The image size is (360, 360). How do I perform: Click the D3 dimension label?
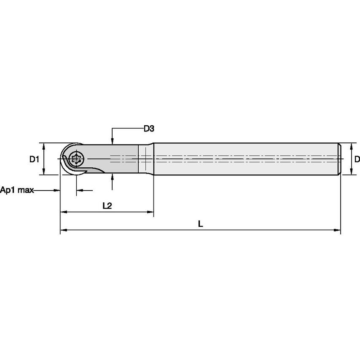[148, 129]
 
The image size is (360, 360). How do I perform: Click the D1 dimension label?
[34, 159]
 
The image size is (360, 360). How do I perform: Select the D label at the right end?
[357, 159]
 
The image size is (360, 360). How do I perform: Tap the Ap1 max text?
[17, 191]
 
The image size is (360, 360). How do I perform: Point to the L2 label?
[107, 206]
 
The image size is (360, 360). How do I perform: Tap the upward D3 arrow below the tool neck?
[112, 177]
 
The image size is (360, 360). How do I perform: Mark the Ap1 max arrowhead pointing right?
[57, 191]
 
